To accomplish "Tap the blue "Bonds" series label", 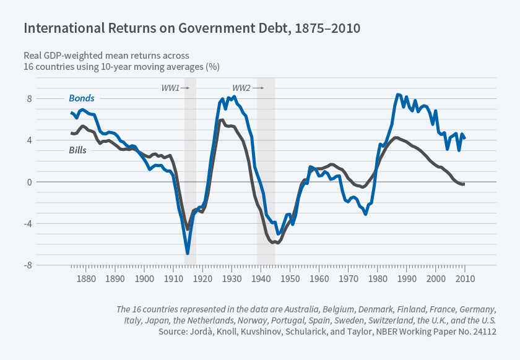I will pos(81,98).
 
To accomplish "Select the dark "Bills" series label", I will pos(77,150).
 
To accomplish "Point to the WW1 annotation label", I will pos(170,88).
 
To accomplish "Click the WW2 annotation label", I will pos(241,88).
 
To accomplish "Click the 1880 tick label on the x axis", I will pos(86,279).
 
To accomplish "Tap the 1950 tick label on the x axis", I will pos(289,279).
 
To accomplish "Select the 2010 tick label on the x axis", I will pos(464,279).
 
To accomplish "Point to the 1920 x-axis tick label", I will pos(202,279).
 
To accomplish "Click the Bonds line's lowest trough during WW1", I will pos(188,253).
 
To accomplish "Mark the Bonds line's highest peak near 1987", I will pos(398,95).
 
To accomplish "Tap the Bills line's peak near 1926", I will pos(222,120).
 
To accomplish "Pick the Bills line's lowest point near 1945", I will pos(277,243).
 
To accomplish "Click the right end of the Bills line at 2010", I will pos(464,184).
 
